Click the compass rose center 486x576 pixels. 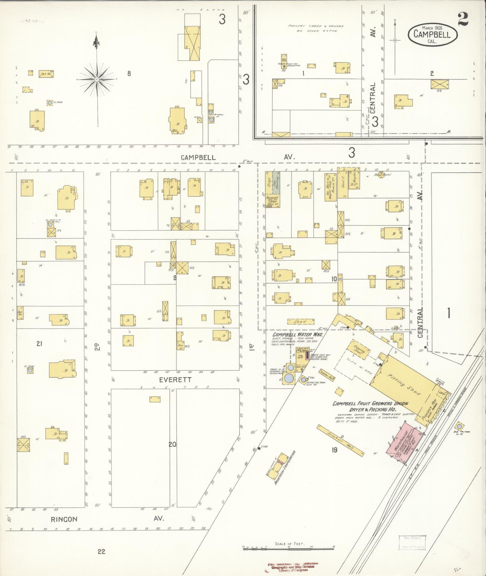click(97, 79)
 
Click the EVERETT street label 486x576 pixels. click(175, 380)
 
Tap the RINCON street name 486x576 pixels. click(64, 519)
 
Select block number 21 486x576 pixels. click(39, 343)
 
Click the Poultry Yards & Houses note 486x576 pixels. click(315, 28)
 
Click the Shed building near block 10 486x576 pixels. click(301, 322)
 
